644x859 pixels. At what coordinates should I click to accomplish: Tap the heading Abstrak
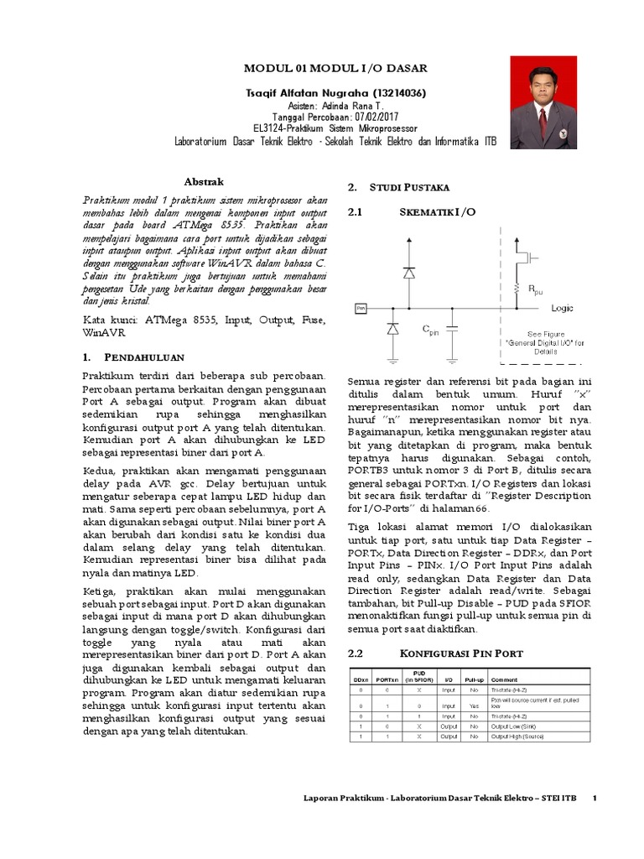(x=204, y=182)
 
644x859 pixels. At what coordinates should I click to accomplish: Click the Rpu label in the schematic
(x=534, y=290)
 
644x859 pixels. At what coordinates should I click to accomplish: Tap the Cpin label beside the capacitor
(x=431, y=330)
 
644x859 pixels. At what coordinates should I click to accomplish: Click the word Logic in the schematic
(x=562, y=308)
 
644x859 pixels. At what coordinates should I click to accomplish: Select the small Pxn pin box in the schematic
(x=361, y=309)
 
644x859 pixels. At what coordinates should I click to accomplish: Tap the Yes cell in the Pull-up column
(x=474, y=706)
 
